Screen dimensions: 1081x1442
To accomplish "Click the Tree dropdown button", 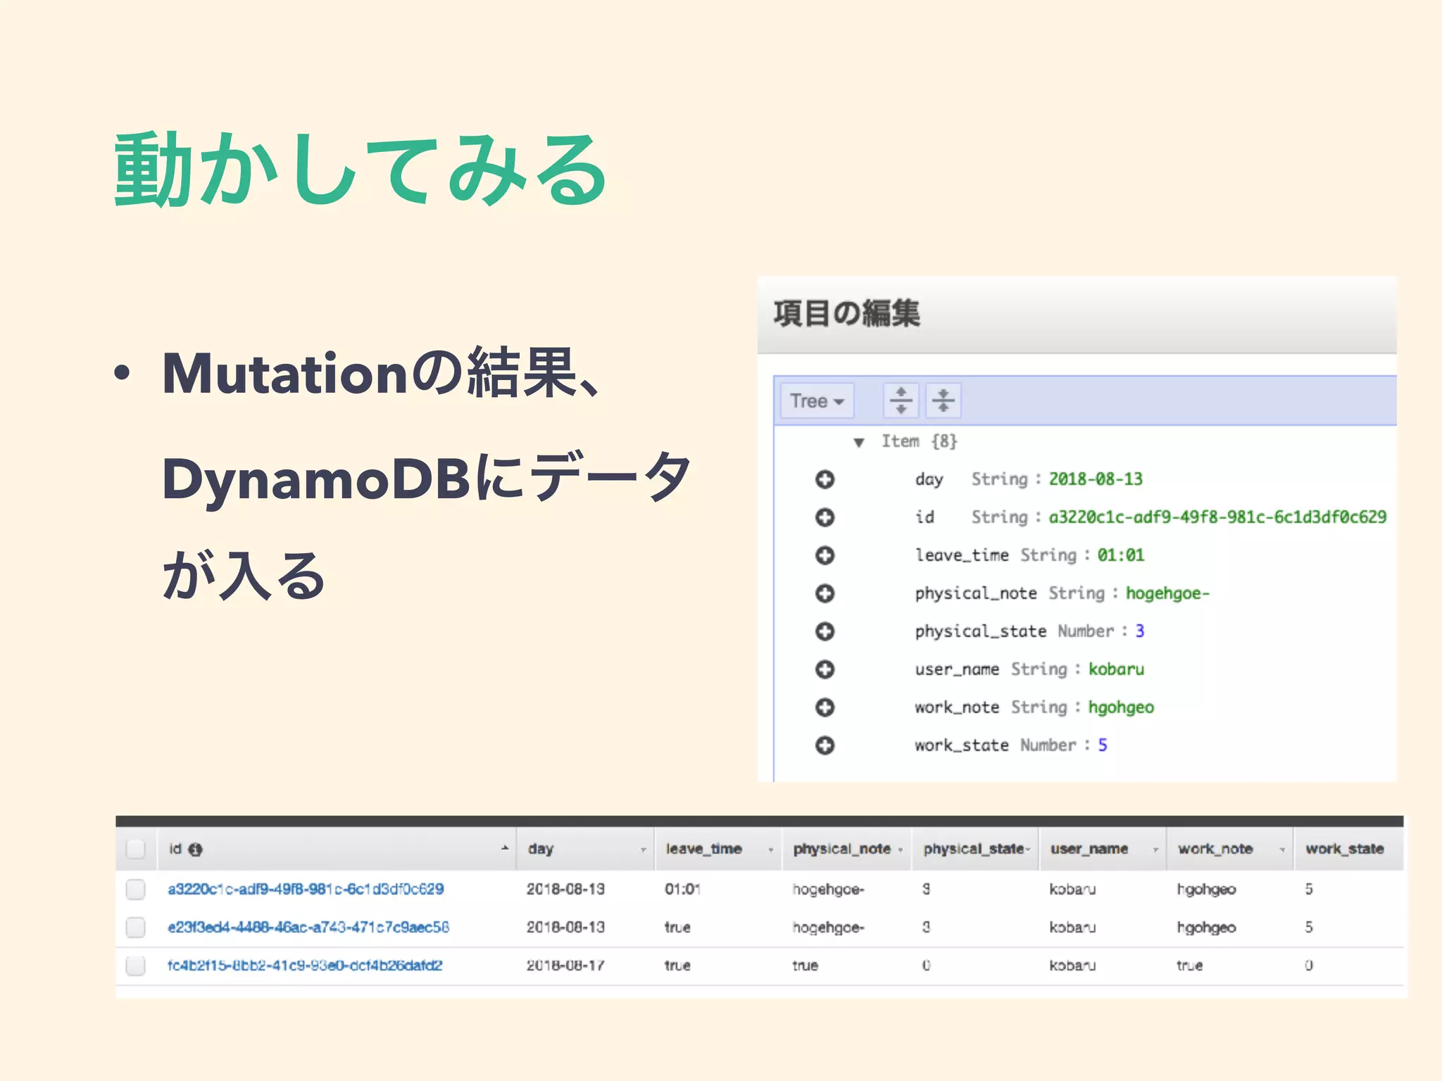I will click(x=817, y=401).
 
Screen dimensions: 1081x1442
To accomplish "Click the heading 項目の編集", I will click(x=846, y=314).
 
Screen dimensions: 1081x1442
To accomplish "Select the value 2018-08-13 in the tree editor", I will click(x=1096, y=479).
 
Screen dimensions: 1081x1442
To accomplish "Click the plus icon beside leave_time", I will click(x=825, y=555).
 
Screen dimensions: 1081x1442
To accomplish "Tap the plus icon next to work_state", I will click(x=825, y=745).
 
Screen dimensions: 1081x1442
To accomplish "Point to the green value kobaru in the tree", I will click(x=1116, y=669).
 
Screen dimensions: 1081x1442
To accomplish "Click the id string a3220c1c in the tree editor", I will click(x=1217, y=517).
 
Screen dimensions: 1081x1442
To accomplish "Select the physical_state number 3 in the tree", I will click(x=1139, y=631).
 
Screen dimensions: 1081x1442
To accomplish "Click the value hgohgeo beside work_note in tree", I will click(x=1121, y=707).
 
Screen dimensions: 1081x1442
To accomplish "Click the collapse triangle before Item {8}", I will click(x=858, y=443).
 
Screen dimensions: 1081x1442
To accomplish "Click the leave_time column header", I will click(x=703, y=849).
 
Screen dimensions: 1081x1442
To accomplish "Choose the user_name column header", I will click(x=1089, y=849).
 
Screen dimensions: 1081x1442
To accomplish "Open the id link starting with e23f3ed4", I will click(x=308, y=928).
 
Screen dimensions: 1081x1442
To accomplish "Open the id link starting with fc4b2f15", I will click(x=304, y=966).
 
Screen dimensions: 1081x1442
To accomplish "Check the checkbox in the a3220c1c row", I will click(x=135, y=890).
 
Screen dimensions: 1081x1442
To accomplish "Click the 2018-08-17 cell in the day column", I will click(x=565, y=966).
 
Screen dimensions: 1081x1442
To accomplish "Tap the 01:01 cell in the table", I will click(x=682, y=890).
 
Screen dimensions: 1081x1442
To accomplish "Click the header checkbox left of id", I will click(x=135, y=849).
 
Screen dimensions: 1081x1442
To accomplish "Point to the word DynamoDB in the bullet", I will click(x=315, y=479).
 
